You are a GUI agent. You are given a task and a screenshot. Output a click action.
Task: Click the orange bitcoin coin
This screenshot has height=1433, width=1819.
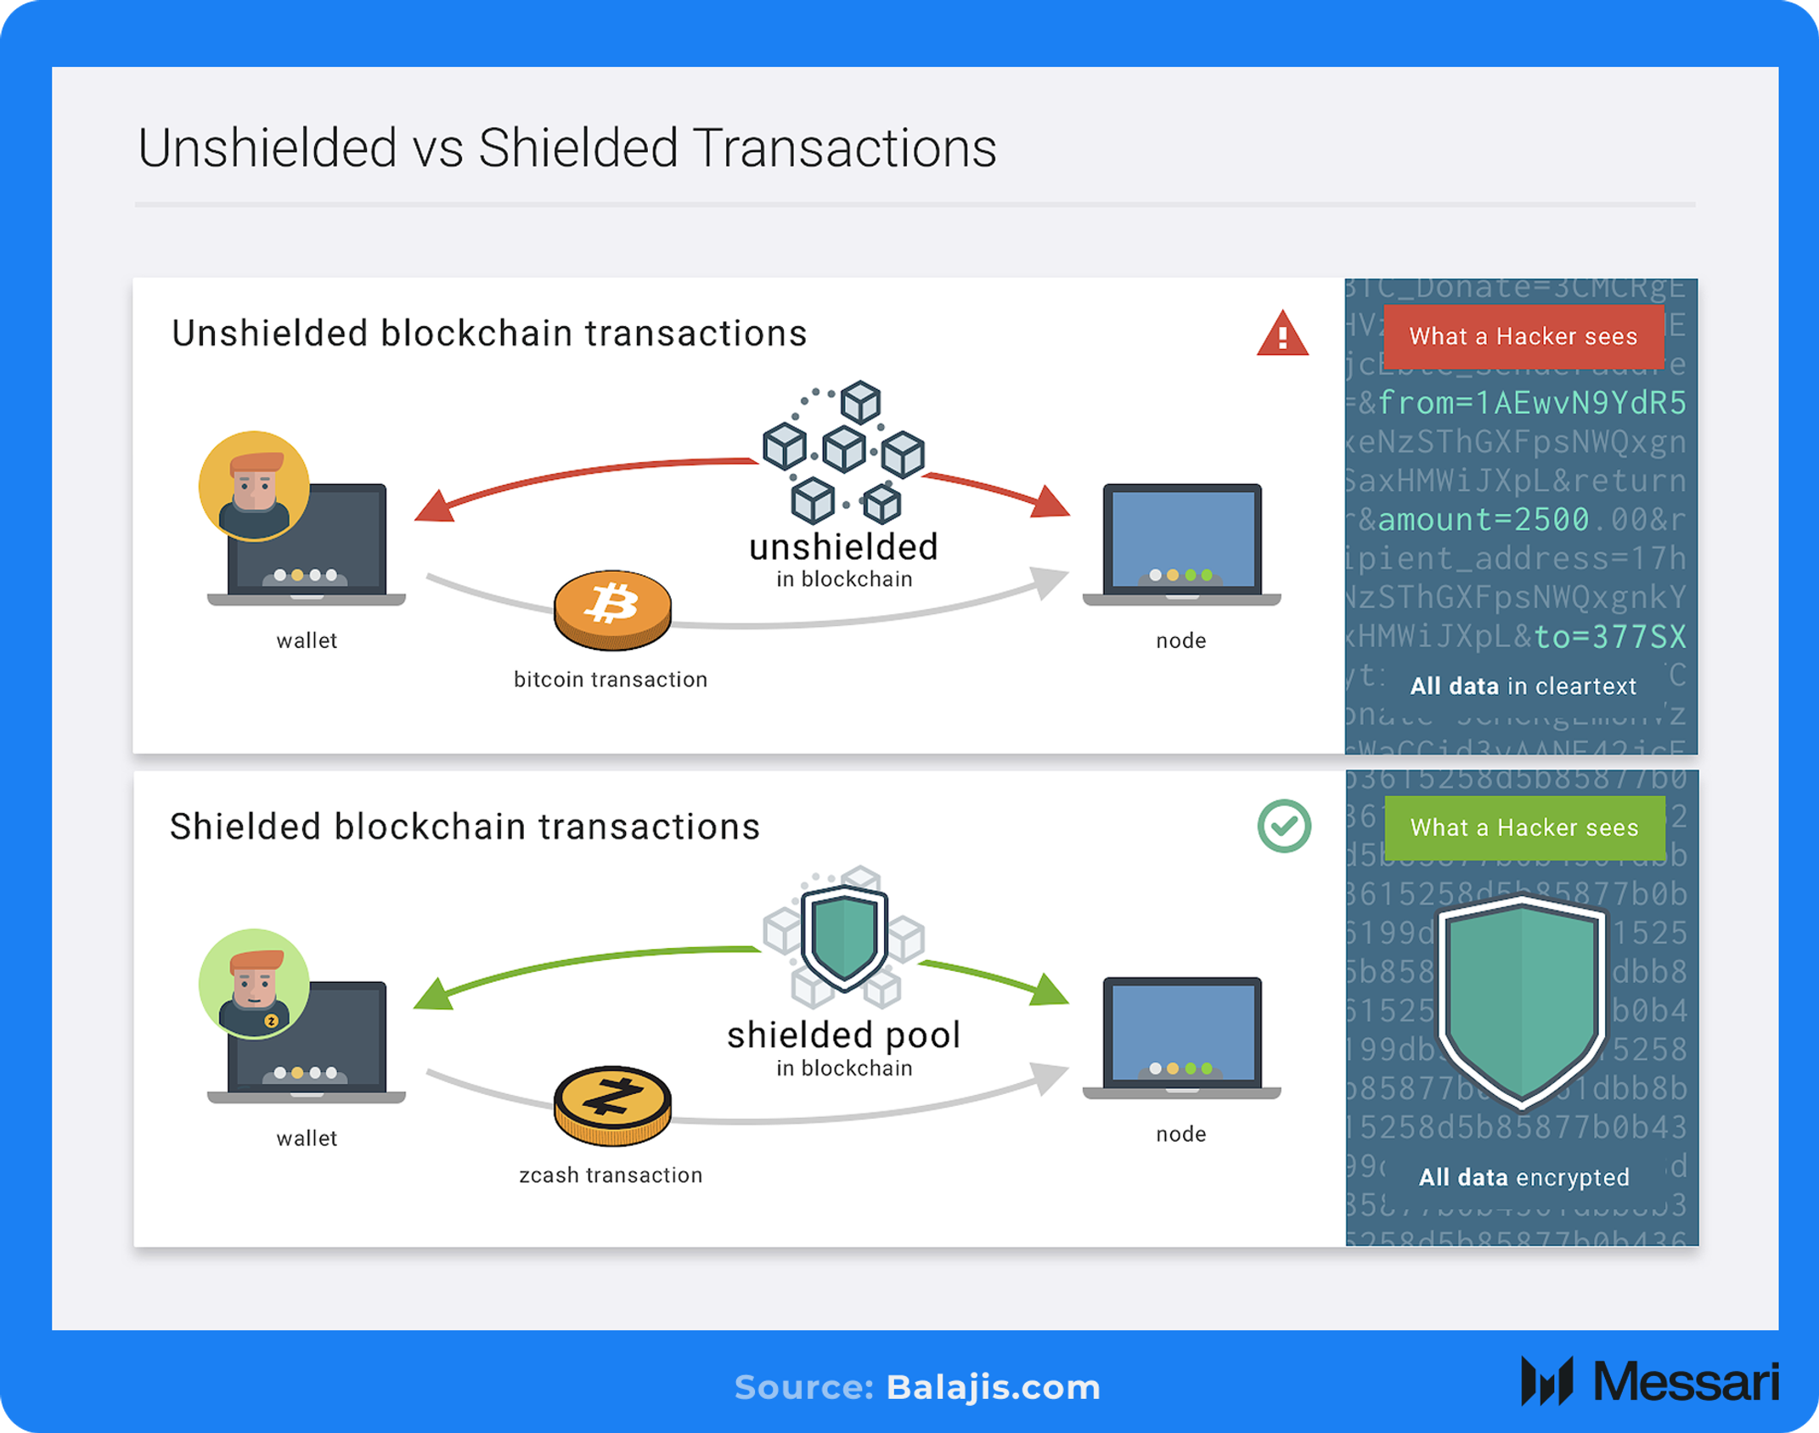pyautogui.click(x=611, y=608)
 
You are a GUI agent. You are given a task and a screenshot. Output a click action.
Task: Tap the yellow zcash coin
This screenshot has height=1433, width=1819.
pyautogui.click(x=611, y=1103)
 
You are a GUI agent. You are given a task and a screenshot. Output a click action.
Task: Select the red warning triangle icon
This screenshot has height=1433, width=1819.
pyautogui.click(x=1282, y=334)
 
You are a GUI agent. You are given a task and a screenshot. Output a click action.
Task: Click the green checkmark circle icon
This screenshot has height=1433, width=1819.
pyautogui.click(x=1283, y=826)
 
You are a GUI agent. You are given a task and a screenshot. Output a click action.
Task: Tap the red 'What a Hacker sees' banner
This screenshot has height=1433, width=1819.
pyautogui.click(x=1523, y=336)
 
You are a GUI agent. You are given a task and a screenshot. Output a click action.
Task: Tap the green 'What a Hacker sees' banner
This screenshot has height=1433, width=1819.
pyautogui.click(x=1523, y=827)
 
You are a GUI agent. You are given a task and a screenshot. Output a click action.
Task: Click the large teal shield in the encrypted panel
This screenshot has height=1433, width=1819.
pyautogui.click(x=1521, y=1002)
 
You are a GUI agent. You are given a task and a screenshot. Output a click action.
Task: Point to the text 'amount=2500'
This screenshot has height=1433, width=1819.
pyautogui.click(x=1483, y=519)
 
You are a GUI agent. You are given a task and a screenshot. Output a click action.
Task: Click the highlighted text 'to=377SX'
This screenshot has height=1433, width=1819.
pyautogui.click(x=1609, y=636)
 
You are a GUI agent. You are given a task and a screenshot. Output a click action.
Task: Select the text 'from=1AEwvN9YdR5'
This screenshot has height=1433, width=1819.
pyautogui.click(x=1531, y=403)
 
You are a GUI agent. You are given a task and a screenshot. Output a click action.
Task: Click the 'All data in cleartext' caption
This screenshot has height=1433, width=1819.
pyautogui.click(x=1523, y=685)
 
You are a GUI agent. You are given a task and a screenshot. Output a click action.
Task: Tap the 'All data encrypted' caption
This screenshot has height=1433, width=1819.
pyautogui.click(x=1523, y=1176)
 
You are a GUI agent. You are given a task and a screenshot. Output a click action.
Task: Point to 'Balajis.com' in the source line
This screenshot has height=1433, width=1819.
pyautogui.click(x=993, y=1387)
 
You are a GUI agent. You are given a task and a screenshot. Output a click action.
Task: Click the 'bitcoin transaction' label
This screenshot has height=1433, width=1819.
pyautogui.click(x=611, y=680)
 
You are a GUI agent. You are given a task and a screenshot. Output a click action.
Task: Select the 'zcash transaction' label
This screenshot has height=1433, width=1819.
pyautogui.click(x=611, y=1175)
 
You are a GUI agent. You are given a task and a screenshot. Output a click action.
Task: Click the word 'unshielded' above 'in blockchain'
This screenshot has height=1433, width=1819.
pyautogui.click(x=843, y=547)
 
